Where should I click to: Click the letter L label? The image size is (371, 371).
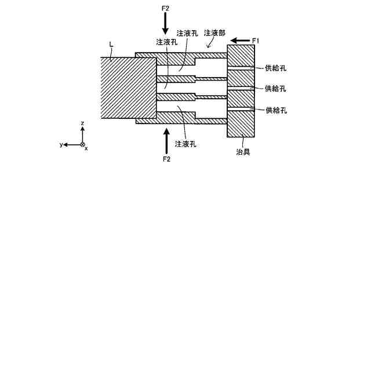111,44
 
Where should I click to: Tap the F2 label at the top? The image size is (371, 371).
165,8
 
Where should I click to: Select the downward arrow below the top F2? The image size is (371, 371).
165,24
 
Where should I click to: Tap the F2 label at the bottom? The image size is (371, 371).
166,159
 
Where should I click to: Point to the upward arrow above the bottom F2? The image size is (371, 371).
166,140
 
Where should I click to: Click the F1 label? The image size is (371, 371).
256,40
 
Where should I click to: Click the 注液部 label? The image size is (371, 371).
214,34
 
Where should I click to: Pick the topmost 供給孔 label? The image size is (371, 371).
276,68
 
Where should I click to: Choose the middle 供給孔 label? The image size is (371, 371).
276,89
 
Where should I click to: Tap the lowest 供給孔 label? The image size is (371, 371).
276,110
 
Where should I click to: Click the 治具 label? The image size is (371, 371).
243,152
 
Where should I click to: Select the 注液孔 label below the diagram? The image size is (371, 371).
185,143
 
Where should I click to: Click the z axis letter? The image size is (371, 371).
83,123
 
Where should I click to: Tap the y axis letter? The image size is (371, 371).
61,144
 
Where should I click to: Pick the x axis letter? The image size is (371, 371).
86,148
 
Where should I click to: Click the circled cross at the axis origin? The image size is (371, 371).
82,144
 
